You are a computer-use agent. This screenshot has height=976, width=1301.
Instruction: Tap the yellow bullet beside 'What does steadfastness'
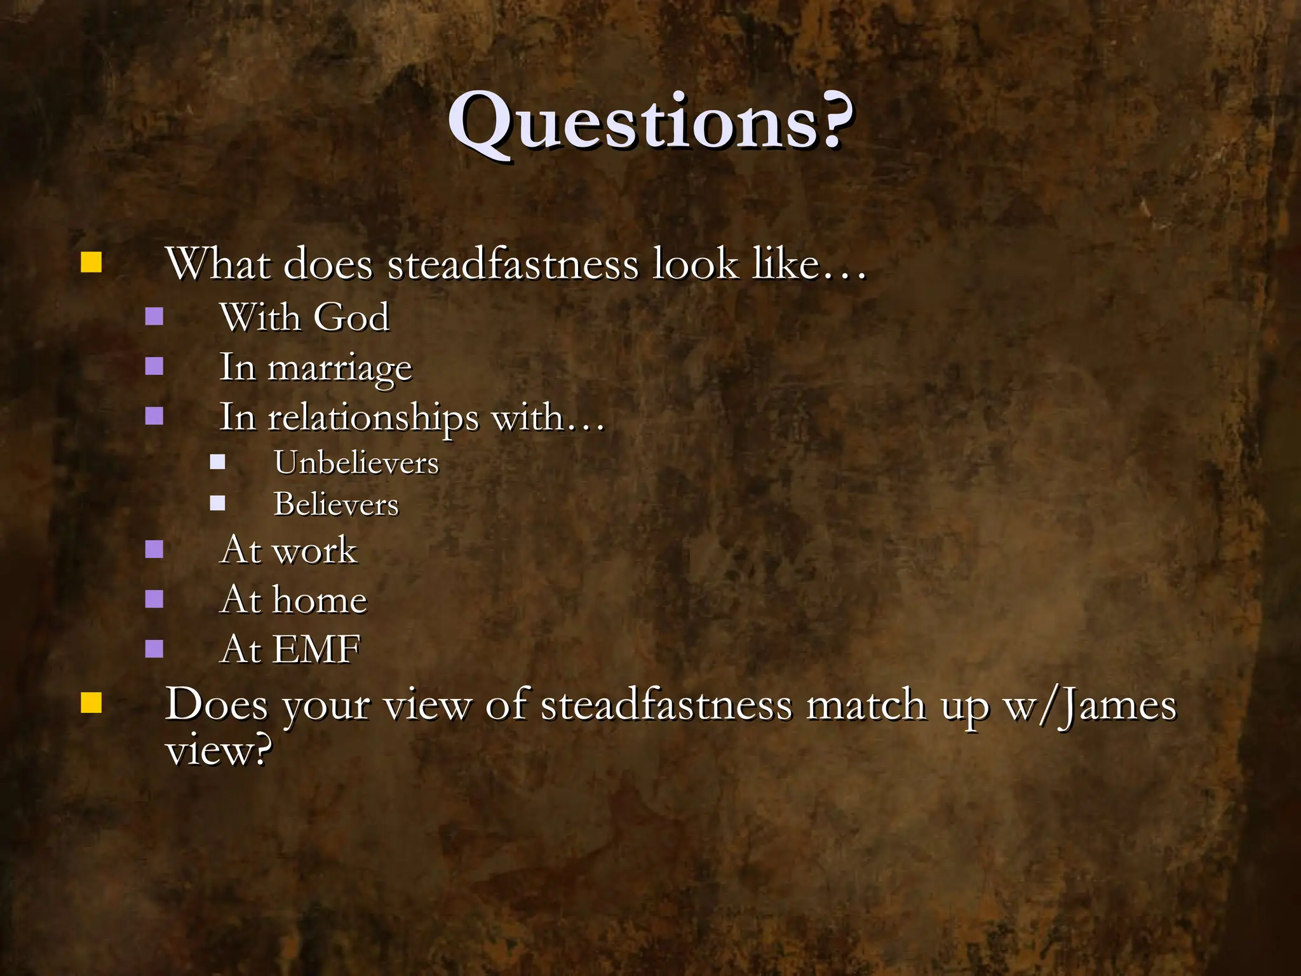click(91, 262)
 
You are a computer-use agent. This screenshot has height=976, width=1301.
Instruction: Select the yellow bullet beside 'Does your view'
click(91, 703)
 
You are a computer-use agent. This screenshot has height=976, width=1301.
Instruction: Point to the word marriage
click(340, 369)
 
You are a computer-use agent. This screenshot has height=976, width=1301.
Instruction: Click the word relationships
click(373, 419)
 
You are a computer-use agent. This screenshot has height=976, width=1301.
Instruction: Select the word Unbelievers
click(356, 463)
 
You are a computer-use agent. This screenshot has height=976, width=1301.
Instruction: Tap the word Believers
click(336, 505)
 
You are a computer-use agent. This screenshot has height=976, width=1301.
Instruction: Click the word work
click(314, 550)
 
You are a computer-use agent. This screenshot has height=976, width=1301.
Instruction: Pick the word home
click(320, 600)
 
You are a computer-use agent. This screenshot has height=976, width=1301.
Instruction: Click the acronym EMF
click(316, 649)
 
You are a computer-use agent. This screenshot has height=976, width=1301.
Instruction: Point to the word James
click(1118, 705)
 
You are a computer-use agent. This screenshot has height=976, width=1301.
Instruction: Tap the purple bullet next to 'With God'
click(154, 316)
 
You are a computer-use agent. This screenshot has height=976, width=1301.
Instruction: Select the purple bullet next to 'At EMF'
click(154, 649)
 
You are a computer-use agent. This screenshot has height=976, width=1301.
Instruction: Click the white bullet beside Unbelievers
click(217, 462)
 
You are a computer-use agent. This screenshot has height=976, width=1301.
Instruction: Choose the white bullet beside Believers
click(217, 504)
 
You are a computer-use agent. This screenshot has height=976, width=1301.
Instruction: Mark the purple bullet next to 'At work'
click(154, 549)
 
